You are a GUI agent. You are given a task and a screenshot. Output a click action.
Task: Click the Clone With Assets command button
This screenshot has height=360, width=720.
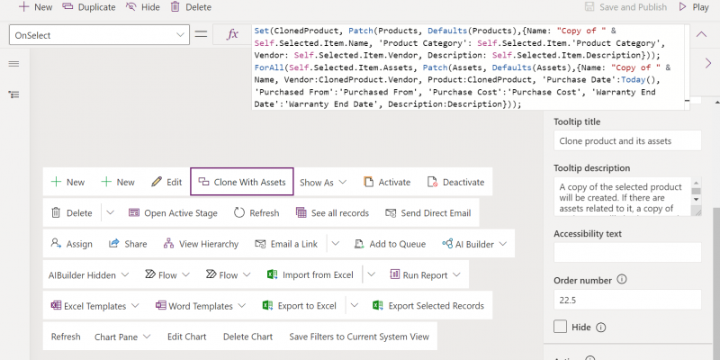(242, 182)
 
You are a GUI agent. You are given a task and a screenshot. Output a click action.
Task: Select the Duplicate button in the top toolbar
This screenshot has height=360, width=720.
(88, 7)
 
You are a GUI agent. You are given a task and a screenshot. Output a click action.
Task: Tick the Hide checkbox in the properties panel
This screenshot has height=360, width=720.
(560, 327)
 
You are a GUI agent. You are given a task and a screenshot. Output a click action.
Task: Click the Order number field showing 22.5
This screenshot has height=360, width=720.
(627, 300)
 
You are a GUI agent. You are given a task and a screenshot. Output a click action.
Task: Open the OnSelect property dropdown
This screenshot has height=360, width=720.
(99, 35)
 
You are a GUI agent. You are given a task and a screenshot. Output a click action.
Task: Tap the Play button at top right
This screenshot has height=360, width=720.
(694, 7)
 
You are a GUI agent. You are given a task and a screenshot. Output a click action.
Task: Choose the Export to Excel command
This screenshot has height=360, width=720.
(300, 306)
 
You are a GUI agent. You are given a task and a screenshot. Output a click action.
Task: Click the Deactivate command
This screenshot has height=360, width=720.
(455, 182)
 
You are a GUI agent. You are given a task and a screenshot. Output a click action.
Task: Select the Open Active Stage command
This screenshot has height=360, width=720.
(173, 213)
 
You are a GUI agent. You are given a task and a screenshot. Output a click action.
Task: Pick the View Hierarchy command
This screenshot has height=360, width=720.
(201, 244)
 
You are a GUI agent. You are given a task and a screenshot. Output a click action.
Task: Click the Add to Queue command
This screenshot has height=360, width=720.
(391, 244)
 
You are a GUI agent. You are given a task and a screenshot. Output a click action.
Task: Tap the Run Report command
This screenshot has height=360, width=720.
(425, 275)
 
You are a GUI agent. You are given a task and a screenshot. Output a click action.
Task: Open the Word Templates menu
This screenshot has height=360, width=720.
(200, 306)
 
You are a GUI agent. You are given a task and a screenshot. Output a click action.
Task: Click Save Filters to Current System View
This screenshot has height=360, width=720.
(359, 337)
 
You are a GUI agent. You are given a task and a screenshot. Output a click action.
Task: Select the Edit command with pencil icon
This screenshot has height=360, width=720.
(166, 182)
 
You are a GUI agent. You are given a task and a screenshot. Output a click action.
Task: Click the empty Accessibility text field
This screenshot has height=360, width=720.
(627, 253)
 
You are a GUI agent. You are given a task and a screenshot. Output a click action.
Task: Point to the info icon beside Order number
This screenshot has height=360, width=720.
(621, 279)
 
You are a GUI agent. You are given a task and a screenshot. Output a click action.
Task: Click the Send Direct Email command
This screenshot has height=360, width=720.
(428, 213)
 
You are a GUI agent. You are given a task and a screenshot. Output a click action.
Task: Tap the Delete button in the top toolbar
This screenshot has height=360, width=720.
(191, 7)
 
